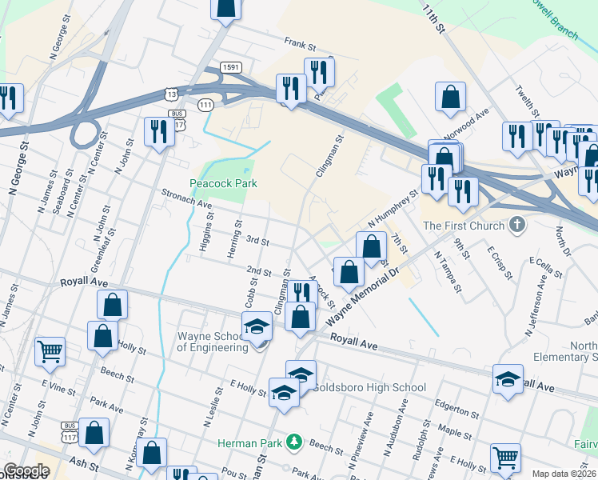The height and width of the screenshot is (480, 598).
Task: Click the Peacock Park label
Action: click(223, 183)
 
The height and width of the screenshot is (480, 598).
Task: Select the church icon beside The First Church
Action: click(516, 225)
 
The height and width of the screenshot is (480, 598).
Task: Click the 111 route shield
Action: click(206, 105)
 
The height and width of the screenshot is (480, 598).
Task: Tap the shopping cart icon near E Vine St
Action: click(50, 350)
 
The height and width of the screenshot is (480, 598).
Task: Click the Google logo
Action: click(26, 470)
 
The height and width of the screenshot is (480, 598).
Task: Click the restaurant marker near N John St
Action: click(157, 130)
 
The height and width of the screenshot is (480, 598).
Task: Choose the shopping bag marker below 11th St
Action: click(451, 97)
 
